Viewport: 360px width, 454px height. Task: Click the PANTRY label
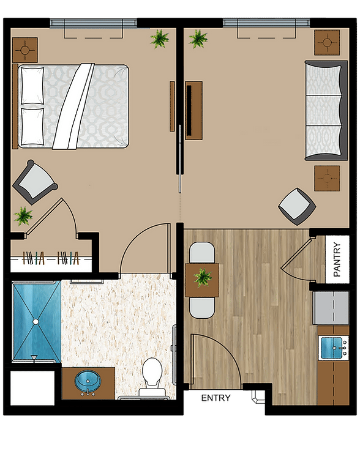[x=337, y=259]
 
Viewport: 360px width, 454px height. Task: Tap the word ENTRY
[x=216, y=398]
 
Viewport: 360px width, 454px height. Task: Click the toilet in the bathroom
[x=152, y=377]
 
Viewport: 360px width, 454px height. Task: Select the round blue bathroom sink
[x=88, y=381]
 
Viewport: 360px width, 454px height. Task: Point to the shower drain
[x=36, y=321]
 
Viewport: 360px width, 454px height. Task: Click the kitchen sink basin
[x=332, y=348]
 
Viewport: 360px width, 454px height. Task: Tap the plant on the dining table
[x=203, y=278]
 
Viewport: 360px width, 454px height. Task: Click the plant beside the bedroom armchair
[x=23, y=216]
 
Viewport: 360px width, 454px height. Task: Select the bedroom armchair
[x=34, y=182]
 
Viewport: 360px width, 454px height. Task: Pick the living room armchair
[x=297, y=206]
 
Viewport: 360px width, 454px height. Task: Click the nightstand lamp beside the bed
[x=25, y=50]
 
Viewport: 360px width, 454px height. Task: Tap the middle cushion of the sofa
[x=323, y=110]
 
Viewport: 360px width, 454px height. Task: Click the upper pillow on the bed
[x=32, y=86]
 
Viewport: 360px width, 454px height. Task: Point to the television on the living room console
[x=189, y=110]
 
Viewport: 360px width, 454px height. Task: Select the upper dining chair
[x=202, y=253]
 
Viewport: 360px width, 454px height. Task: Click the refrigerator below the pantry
[x=331, y=308]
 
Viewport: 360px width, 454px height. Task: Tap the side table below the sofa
[x=327, y=178]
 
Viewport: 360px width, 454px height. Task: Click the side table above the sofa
[x=327, y=42]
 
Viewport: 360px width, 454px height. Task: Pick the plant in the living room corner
[x=198, y=39]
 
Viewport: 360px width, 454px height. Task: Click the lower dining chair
[x=202, y=308]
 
